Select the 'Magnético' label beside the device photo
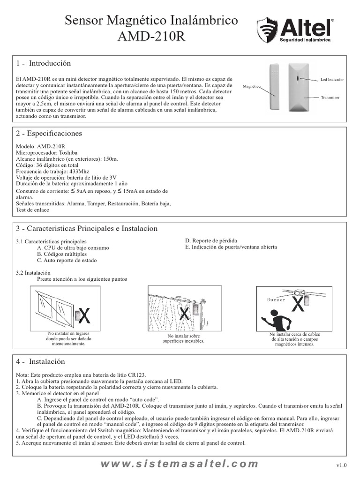[252, 87]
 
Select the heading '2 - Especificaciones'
[49, 134]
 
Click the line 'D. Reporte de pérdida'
[211, 240]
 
